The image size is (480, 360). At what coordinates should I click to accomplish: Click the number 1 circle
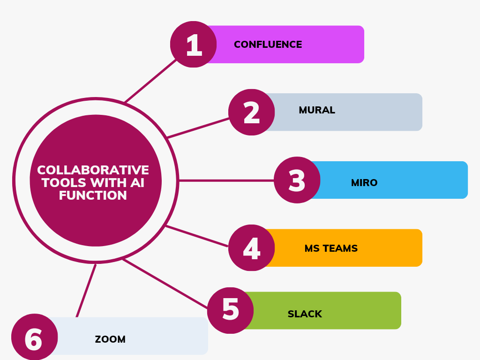point(193,45)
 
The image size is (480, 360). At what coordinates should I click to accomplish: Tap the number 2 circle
point(252,112)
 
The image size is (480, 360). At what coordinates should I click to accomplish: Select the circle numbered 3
point(297,180)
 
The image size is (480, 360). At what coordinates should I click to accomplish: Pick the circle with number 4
point(252,248)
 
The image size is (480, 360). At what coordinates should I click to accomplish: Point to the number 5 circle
point(230,310)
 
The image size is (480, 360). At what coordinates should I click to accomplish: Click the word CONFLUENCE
point(268,45)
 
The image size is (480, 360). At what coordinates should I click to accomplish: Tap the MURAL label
point(317,110)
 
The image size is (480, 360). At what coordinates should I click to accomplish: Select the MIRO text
point(364,183)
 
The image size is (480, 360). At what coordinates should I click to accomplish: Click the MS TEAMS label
point(331,248)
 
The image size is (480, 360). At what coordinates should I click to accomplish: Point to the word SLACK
point(305,314)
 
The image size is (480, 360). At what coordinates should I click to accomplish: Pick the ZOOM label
point(110,339)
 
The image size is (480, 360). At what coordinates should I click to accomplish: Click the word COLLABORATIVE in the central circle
point(93,170)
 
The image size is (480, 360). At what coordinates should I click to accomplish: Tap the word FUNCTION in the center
point(93,195)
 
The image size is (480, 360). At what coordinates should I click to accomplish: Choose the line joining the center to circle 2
point(198,128)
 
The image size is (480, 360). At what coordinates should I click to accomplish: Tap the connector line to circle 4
point(197,236)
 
